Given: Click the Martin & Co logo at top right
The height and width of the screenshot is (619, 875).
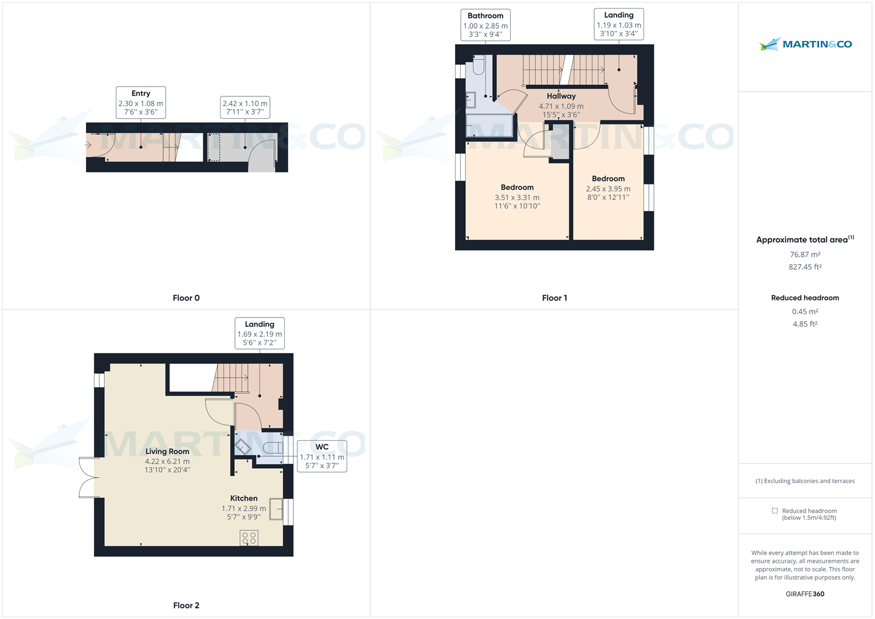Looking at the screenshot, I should click(x=805, y=44).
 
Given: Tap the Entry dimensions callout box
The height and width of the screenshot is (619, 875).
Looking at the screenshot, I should click(x=141, y=103).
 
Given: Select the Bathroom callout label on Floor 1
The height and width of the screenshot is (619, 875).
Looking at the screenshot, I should click(x=485, y=25).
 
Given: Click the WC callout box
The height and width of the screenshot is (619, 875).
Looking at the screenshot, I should click(x=321, y=456).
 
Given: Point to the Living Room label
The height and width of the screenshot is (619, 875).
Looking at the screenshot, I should click(x=167, y=452).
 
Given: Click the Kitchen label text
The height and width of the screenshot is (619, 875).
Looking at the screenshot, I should click(x=244, y=499).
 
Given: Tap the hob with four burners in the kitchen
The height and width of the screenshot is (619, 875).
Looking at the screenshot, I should click(x=249, y=538).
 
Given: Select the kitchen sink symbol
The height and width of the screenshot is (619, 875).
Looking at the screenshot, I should click(x=276, y=510).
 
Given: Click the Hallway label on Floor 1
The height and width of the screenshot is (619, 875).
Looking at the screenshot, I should click(x=561, y=96).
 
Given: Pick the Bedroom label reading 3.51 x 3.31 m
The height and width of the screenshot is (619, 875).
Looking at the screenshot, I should click(x=517, y=196).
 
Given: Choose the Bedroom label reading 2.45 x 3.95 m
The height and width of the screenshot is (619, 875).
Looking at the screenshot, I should click(x=608, y=187).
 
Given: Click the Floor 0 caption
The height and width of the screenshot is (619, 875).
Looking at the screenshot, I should click(x=186, y=298).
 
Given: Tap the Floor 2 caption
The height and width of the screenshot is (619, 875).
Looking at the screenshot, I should click(x=186, y=605).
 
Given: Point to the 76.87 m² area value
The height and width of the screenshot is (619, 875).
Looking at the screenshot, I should click(x=805, y=254).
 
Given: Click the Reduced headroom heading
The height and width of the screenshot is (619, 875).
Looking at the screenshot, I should click(x=805, y=298).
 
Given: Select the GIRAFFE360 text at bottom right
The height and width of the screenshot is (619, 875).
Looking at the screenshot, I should click(x=805, y=594).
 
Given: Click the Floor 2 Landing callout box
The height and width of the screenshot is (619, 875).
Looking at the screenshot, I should click(x=260, y=333).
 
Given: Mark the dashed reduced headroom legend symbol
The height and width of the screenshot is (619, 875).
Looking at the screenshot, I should click(x=775, y=511).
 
